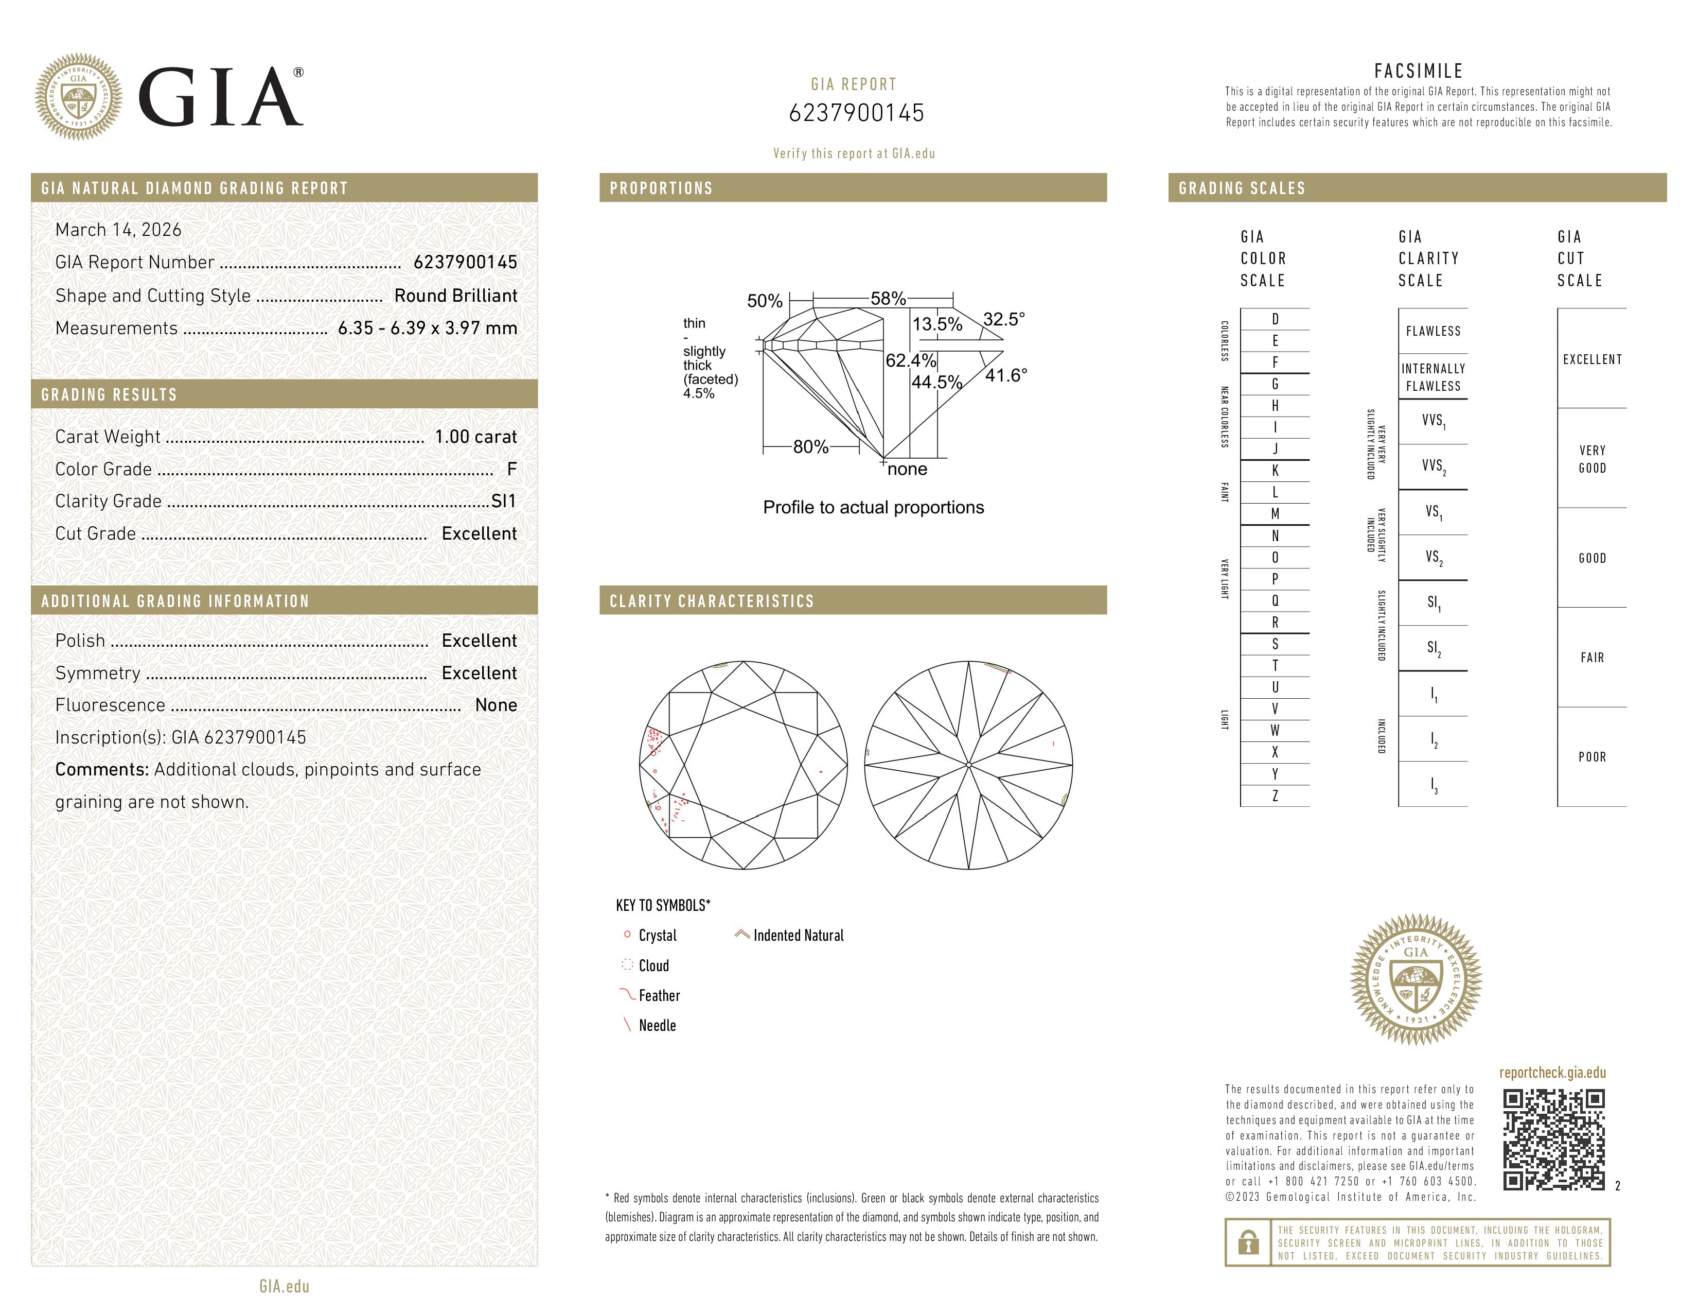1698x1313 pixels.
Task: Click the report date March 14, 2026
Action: coord(118,230)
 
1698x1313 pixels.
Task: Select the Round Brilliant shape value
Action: coord(455,296)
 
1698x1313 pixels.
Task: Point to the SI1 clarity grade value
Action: coord(504,501)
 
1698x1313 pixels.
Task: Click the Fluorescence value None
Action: coord(496,705)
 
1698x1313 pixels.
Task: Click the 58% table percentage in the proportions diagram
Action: coord(888,299)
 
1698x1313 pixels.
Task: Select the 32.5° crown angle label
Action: coord(1004,319)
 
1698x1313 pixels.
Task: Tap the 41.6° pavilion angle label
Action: coord(1006,376)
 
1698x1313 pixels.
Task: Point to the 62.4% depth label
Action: coord(910,360)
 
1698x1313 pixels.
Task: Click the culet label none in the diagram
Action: coord(907,469)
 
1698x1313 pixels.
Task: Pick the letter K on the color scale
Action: coord(1275,471)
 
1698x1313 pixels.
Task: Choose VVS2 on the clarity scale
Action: coord(1433,466)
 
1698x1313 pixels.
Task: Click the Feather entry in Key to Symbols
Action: coord(659,996)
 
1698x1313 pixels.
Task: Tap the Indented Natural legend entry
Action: coord(798,935)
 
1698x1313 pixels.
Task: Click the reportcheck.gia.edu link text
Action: coord(1552,1073)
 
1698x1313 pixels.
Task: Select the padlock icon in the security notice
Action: coord(1248,1242)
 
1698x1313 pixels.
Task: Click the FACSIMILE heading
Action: coord(1418,71)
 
